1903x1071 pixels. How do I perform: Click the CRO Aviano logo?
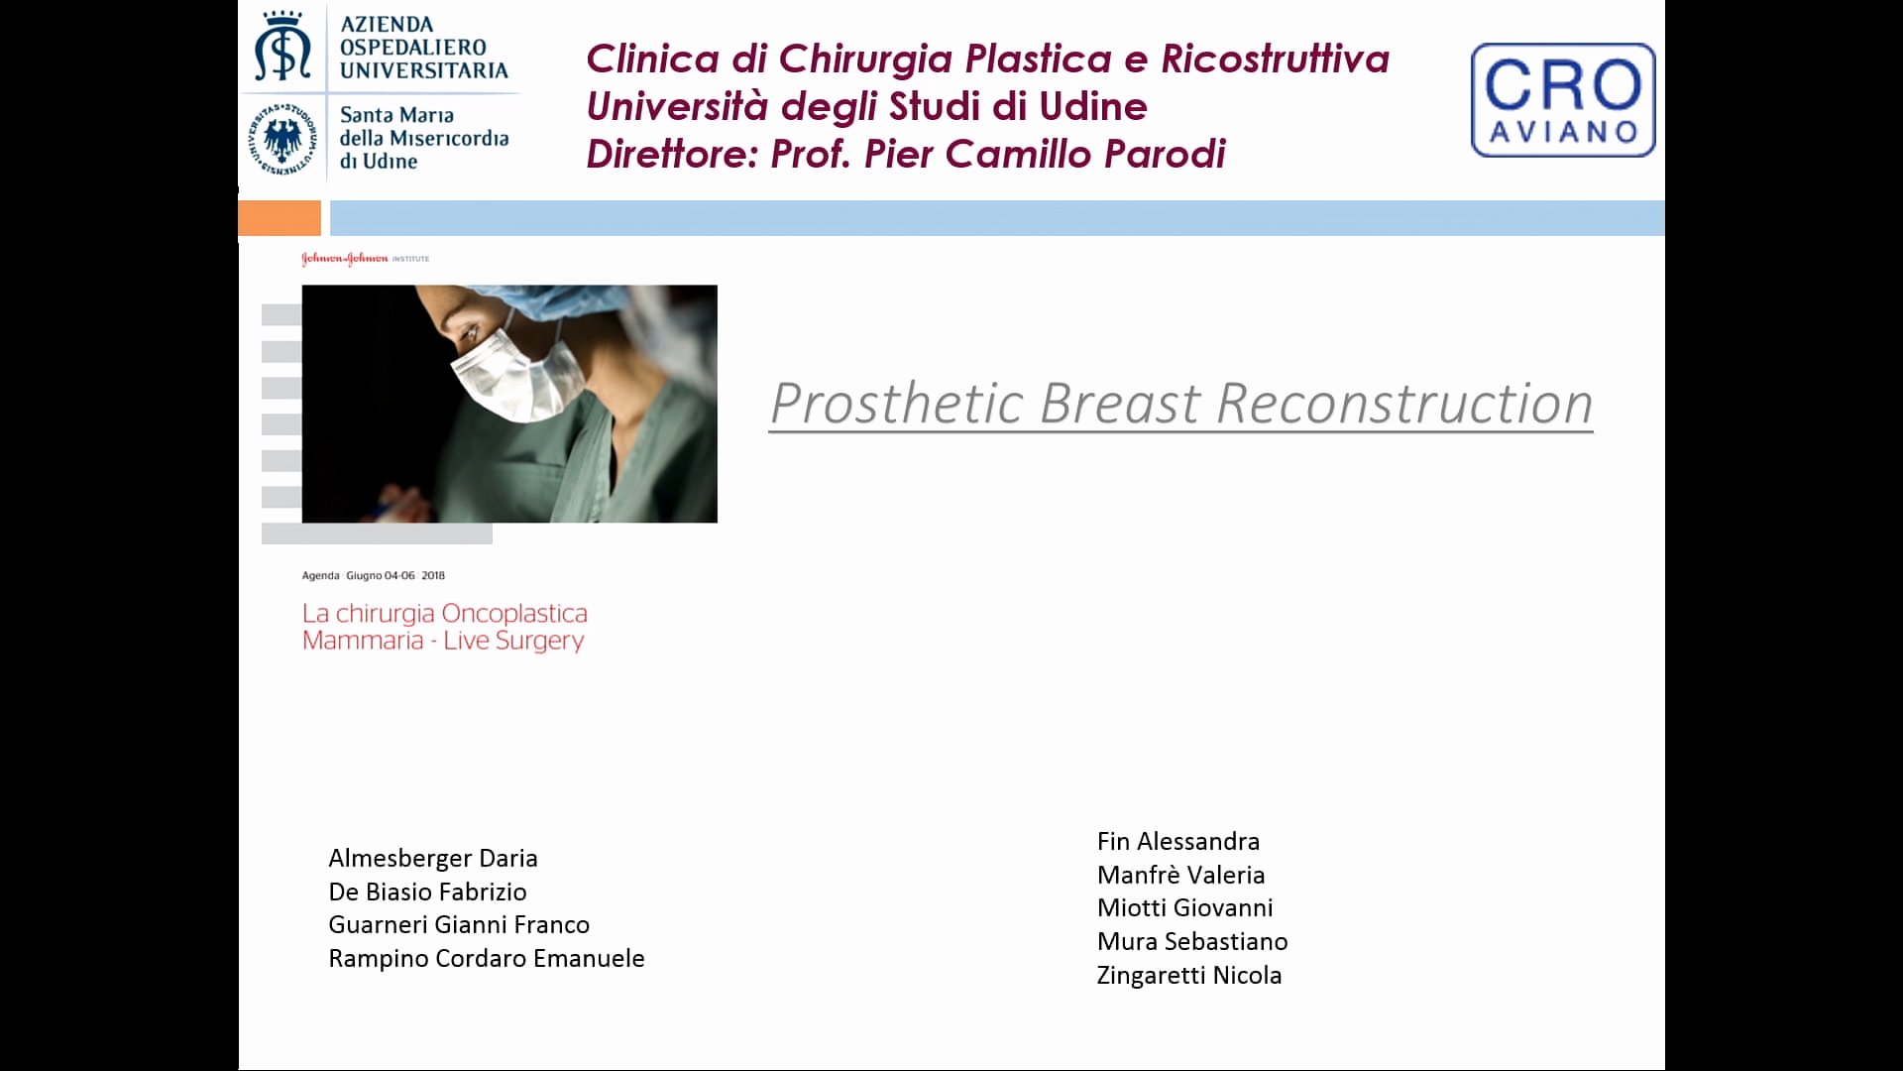[x=1563, y=99]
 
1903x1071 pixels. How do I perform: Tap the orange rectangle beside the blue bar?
[x=280, y=217]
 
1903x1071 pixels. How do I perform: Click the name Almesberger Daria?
[x=433, y=858]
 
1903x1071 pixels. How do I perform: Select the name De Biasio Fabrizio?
[x=427, y=892]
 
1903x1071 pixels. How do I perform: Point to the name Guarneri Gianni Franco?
[x=459, y=924]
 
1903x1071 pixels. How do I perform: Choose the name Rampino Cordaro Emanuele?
[x=487, y=958]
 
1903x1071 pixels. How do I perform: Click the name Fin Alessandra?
[x=1178, y=841]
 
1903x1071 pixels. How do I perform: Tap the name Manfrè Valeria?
[x=1181, y=875]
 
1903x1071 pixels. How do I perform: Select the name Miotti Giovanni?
[x=1185, y=907]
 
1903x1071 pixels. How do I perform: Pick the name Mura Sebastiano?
[x=1192, y=941]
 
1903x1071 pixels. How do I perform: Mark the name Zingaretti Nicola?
[x=1189, y=975]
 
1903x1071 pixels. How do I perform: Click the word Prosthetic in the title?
[x=897, y=404]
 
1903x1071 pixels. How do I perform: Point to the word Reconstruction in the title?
[x=1404, y=404]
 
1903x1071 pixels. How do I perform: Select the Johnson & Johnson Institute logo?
[x=365, y=259]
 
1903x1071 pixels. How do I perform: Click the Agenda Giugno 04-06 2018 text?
[x=374, y=575]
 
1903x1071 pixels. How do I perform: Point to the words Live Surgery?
[x=513, y=641]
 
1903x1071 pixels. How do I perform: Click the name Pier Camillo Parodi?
[x=1045, y=154]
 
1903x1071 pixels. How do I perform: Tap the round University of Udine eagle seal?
[x=282, y=139]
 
